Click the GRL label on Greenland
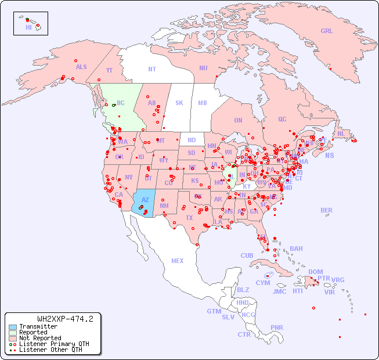(327, 31)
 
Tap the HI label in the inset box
(28, 27)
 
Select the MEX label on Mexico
(178, 261)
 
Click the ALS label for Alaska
(81, 67)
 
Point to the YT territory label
(109, 70)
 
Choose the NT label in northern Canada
(152, 69)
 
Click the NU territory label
(203, 68)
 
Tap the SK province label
(179, 103)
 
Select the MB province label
(203, 103)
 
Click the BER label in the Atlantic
(327, 210)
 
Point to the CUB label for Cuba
(247, 255)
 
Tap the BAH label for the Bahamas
(296, 249)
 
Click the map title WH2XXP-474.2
(65, 319)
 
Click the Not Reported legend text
(40, 338)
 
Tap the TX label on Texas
(189, 218)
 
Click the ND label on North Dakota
(192, 140)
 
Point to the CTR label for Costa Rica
(244, 334)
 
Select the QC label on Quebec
(282, 119)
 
